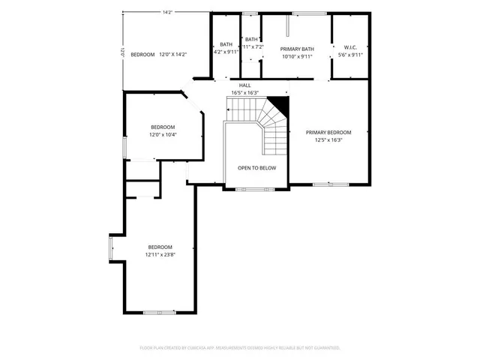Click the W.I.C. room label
[350, 47]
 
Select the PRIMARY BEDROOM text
[328, 132]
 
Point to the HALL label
[244, 85]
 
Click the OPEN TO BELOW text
[256, 168]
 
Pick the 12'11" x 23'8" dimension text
[160, 254]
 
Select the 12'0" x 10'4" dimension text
[163, 134]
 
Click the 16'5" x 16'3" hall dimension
[244, 93]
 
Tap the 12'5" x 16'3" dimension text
[328, 139]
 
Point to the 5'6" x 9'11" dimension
[350, 54]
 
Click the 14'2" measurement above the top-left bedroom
[166, 12]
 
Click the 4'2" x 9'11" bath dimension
[226, 52]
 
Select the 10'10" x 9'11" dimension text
[296, 56]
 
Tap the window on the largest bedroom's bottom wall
[160, 312]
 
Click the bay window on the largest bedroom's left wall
[112, 247]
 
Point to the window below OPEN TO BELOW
[255, 189]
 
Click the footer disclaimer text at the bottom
[240, 348]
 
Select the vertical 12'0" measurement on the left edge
[120, 54]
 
